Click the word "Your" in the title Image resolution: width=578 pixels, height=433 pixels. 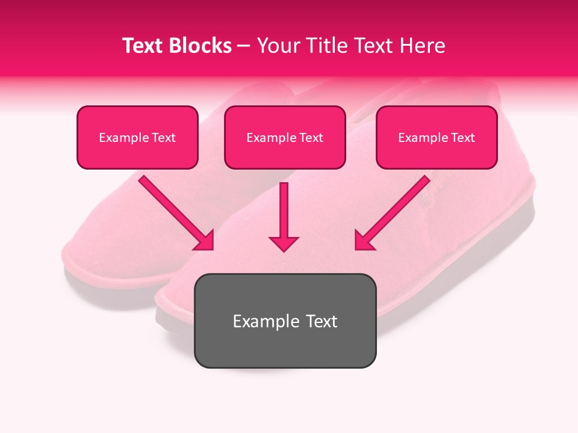(x=276, y=46)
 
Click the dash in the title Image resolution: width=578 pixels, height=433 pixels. (x=244, y=46)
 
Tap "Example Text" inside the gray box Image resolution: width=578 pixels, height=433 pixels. (x=285, y=321)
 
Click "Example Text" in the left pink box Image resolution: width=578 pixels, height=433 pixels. (x=137, y=138)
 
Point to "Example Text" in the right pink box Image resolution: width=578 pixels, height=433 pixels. (x=437, y=138)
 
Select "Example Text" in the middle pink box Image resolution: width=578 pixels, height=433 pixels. (x=285, y=138)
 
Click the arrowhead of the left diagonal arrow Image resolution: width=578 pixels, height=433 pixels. (x=205, y=241)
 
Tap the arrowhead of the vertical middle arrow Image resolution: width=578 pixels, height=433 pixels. (x=284, y=244)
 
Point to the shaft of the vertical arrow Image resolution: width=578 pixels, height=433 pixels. (x=284, y=207)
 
